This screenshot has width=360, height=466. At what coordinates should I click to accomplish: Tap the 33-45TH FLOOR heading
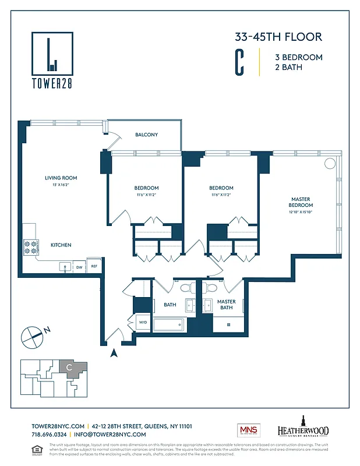click(x=278, y=38)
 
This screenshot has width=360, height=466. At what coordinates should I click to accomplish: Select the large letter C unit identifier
click(x=239, y=63)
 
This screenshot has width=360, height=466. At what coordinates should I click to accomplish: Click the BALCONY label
click(x=146, y=135)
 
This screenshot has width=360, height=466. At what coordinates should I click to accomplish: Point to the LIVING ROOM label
click(x=61, y=178)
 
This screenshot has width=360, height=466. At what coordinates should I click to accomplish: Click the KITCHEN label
click(x=61, y=245)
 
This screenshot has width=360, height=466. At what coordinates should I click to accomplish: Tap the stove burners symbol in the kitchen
click(x=30, y=247)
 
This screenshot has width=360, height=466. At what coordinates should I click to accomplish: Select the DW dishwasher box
click(x=79, y=267)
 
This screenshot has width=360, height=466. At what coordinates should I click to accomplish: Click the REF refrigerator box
click(x=94, y=267)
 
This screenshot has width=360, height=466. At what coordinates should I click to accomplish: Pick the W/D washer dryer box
click(x=143, y=322)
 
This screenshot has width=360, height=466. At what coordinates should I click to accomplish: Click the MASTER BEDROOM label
click(x=301, y=202)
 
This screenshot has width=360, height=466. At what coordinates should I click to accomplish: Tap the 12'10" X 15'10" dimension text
click(x=301, y=213)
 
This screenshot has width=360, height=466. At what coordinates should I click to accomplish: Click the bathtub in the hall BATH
click(x=168, y=325)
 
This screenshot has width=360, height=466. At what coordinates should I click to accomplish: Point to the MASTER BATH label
click(x=226, y=305)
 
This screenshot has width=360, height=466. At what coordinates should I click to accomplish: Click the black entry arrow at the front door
click(x=114, y=352)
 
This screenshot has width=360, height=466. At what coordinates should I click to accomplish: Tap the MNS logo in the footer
click(x=248, y=430)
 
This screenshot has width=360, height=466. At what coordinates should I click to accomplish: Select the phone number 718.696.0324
click(x=48, y=435)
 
